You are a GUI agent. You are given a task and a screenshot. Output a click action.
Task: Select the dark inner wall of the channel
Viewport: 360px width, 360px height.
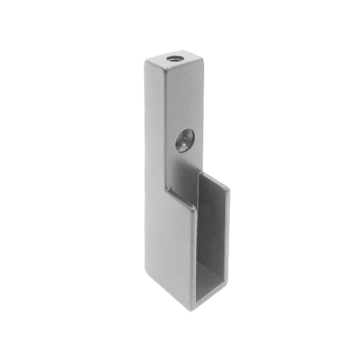click(x=212, y=230)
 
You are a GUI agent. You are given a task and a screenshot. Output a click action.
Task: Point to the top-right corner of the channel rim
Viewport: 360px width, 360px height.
click(x=228, y=188)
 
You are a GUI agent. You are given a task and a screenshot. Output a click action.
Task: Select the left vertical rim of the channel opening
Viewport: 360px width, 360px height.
click(x=197, y=259)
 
